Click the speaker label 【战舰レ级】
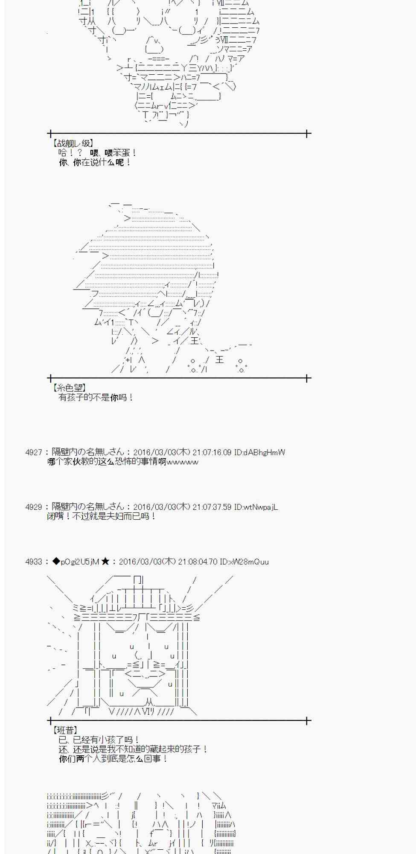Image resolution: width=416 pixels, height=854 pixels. [x=72, y=143]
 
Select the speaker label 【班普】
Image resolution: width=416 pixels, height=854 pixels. [x=65, y=731]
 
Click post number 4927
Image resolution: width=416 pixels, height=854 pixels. [x=34, y=452]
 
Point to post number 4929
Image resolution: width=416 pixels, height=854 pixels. [x=34, y=507]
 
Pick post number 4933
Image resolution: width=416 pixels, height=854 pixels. [x=34, y=562]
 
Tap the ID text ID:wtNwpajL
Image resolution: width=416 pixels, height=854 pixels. [x=256, y=507]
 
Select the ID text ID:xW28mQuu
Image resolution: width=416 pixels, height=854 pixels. [x=244, y=562]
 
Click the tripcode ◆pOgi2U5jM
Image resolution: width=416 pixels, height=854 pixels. [x=76, y=562]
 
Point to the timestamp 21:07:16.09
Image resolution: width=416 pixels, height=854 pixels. [x=212, y=452]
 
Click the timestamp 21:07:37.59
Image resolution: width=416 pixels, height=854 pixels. [x=212, y=507]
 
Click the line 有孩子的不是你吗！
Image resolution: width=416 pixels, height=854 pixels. [x=96, y=398]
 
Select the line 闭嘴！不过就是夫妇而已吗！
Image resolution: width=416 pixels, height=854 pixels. [x=102, y=516]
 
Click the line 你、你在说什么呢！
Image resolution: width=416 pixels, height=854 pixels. [x=95, y=162]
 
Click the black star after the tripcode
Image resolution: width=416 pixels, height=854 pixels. [x=105, y=562]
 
